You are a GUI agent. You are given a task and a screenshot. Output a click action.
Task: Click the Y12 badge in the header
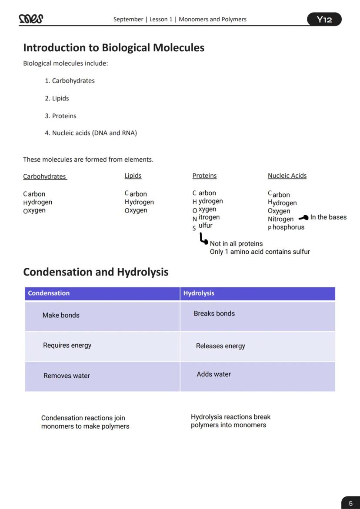tap(324, 19)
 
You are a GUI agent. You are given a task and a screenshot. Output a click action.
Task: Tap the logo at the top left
tap(31, 19)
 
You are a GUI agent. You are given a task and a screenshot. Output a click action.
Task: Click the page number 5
tap(351, 503)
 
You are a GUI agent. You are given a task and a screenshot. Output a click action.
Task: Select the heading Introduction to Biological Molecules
tap(113, 47)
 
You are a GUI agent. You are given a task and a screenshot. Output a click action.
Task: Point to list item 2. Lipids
tap(57, 98)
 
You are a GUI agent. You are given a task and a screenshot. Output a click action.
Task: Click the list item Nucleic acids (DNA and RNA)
tap(91, 133)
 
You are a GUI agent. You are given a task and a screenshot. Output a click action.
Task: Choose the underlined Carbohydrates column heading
tap(45, 176)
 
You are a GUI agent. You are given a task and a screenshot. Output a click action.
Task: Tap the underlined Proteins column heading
tap(204, 176)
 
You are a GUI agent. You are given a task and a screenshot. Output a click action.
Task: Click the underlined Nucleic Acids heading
tap(287, 176)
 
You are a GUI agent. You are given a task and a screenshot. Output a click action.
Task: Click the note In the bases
tap(328, 217)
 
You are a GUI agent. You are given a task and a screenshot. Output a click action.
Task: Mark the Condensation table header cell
tap(102, 293)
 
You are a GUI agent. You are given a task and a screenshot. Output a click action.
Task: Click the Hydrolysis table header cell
tap(257, 293)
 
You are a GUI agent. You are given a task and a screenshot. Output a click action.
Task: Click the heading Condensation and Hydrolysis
tap(96, 272)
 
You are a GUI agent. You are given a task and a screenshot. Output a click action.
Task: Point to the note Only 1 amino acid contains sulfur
tap(260, 252)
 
